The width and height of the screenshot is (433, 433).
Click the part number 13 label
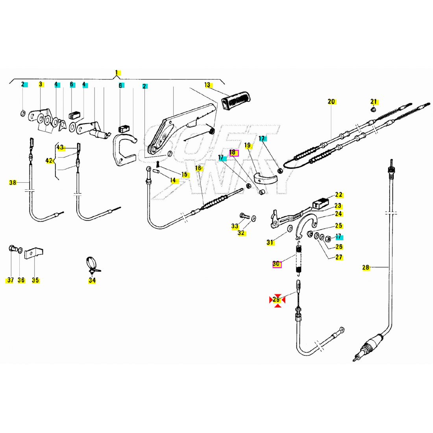[x=207, y=85]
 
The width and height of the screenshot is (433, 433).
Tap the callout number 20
[x=331, y=102]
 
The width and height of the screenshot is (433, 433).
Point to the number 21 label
[x=374, y=102]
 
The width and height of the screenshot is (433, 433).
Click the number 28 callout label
[x=366, y=268]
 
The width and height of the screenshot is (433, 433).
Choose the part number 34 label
[x=92, y=280]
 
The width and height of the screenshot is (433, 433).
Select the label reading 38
[x=13, y=182]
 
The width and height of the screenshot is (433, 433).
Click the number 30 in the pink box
[x=277, y=264]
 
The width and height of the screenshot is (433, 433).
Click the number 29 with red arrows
[x=277, y=300]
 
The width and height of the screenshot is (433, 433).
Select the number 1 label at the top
[x=117, y=73]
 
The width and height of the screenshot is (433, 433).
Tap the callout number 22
[x=339, y=195]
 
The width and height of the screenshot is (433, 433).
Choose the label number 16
[x=198, y=168]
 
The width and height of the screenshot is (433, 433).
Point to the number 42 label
[x=49, y=161]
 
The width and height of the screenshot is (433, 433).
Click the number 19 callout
[x=247, y=146]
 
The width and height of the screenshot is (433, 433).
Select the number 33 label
[x=235, y=226]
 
